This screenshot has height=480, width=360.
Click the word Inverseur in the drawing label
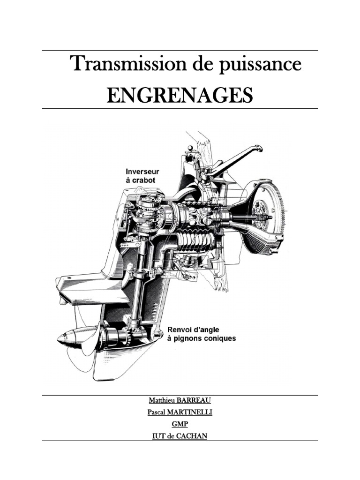141,171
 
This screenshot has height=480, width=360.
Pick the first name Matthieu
160,401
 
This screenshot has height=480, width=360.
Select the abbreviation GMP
180,425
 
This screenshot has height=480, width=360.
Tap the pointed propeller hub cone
66,337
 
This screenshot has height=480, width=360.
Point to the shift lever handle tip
258,149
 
